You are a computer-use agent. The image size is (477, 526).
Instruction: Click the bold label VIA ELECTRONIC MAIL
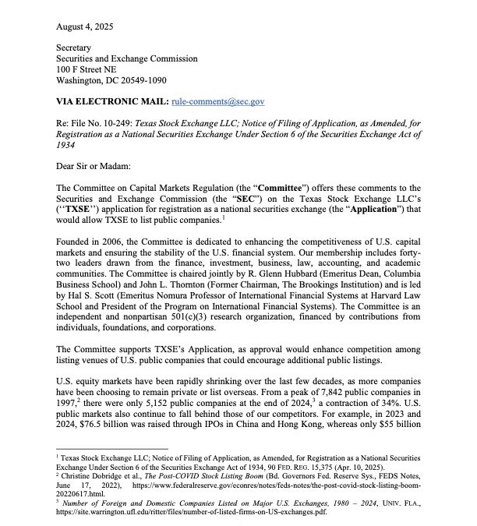point(111,101)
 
